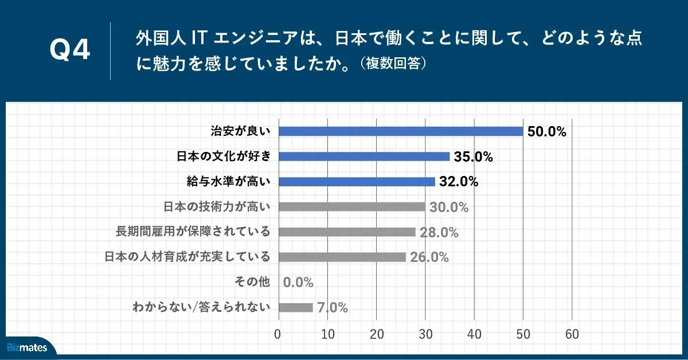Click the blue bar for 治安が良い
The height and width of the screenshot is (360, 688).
400,131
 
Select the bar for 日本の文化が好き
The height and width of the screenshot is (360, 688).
363,156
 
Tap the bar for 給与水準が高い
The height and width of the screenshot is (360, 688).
356,182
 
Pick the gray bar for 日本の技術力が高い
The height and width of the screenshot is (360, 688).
351,207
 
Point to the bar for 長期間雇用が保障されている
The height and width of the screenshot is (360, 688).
346,232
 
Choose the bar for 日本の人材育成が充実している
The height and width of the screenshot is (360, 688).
342,257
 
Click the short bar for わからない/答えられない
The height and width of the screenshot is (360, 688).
295,307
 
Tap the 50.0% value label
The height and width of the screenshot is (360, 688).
547,132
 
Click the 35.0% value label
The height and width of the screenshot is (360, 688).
474,157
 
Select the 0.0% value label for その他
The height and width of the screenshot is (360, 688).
298,283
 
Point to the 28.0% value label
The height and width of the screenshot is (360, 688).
439,233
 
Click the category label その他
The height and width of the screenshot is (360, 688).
252,282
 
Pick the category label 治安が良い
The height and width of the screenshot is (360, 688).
240,131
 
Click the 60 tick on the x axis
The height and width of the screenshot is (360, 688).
572,334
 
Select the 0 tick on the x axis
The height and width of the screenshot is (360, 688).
278,334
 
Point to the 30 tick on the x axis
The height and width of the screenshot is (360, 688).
425,334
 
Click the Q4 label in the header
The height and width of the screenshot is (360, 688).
70,51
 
